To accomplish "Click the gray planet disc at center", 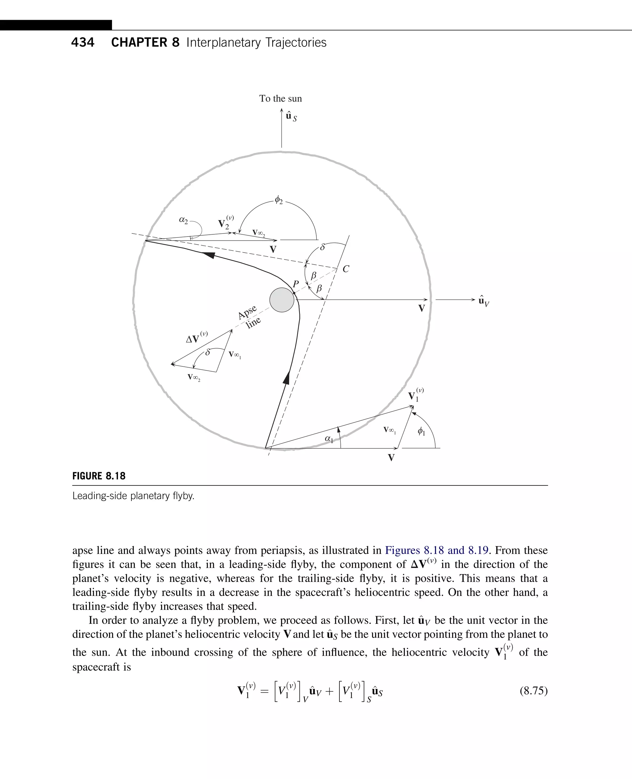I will pyautogui.click(x=282, y=300).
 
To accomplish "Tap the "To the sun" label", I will pyautogui.click(x=280, y=99).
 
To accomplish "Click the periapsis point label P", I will pyautogui.click(x=296, y=283).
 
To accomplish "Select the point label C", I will pyautogui.click(x=346, y=269).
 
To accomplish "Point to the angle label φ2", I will pyautogui.click(x=278, y=200).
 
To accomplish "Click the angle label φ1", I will pyautogui.click(x=421, y=431).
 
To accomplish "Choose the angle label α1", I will pyautogui.click(x=329, y=439).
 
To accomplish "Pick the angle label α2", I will pyautogui.click(x=184, y=220).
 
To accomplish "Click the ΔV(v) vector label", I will pyautogui.click(x=196, y=338).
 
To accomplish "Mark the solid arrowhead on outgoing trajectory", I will pyautogui.click(x=209, y=255).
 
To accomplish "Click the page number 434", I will pyautogui.click(x=83, y=43).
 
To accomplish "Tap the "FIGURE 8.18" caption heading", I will pyautogui.click(x=99, y=476).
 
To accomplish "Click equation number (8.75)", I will pyautogui.click(x=533, y=690).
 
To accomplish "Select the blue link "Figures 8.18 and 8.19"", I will pyautogui.click(x=436, y=550).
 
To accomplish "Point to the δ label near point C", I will pyautogui.click(x=322, y=247).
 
